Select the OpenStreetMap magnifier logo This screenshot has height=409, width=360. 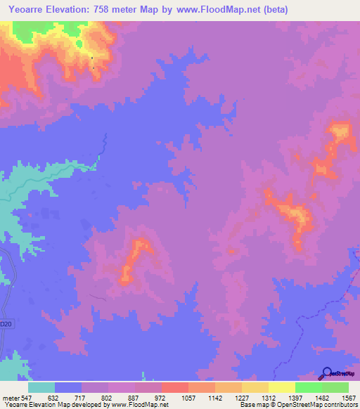coord(327,373)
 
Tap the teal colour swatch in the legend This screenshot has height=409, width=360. coord(41,387)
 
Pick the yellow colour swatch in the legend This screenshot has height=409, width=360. coord(281,387)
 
